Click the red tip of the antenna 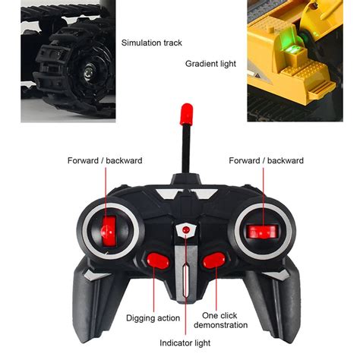[186, 114]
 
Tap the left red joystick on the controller [109, 231]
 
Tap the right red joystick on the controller [263, 232]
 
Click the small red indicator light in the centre [186, 230]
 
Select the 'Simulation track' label [151, 43]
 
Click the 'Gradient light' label [210, 64]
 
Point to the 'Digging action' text [153, 318]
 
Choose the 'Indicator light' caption [185, 343]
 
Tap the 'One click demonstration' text [221, 321]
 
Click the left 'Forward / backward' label [105, 160]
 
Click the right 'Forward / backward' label [266, 160]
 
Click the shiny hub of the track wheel [88, 72]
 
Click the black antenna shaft [186, 150]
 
